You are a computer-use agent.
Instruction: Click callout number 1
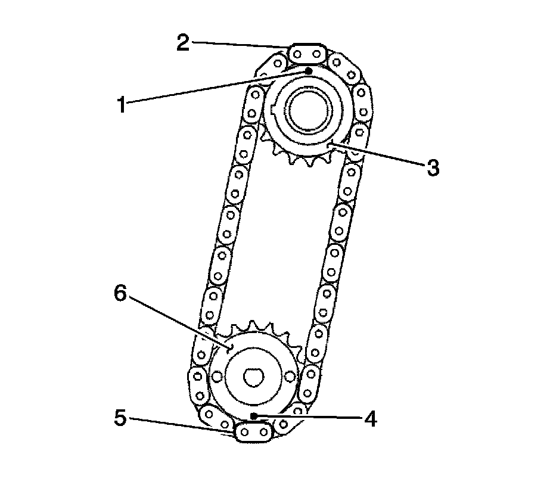pos(122,105)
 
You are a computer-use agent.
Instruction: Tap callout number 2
pos(183,43)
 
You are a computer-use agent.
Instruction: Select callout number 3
pos(433,167)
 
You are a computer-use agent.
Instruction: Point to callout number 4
pos(370,419)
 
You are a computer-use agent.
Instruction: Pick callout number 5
pos(120,418)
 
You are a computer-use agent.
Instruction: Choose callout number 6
pos(120,294)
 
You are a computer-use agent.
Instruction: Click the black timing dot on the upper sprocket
pos(309,71)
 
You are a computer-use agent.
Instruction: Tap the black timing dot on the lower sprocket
pos(253,416)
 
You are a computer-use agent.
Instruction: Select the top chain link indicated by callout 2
pos(307,54)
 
